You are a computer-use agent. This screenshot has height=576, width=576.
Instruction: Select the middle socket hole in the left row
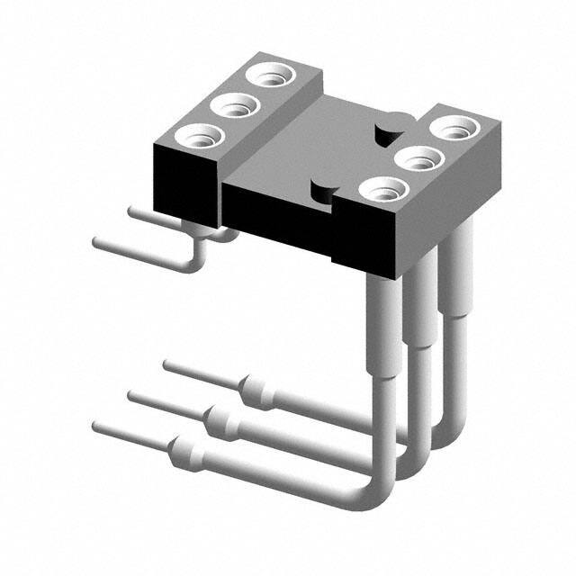tap(234, 108)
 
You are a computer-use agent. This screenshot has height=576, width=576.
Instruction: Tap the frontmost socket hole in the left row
tap(196, 139)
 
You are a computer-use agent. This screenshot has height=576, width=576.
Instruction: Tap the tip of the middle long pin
tap(131, 395)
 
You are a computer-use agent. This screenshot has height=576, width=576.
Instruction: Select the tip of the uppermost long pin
tap(166, 364)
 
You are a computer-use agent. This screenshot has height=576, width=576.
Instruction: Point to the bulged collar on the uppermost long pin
tap(255, 389)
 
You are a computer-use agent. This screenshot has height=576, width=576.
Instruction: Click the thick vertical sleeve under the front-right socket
tap(382, 324)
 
